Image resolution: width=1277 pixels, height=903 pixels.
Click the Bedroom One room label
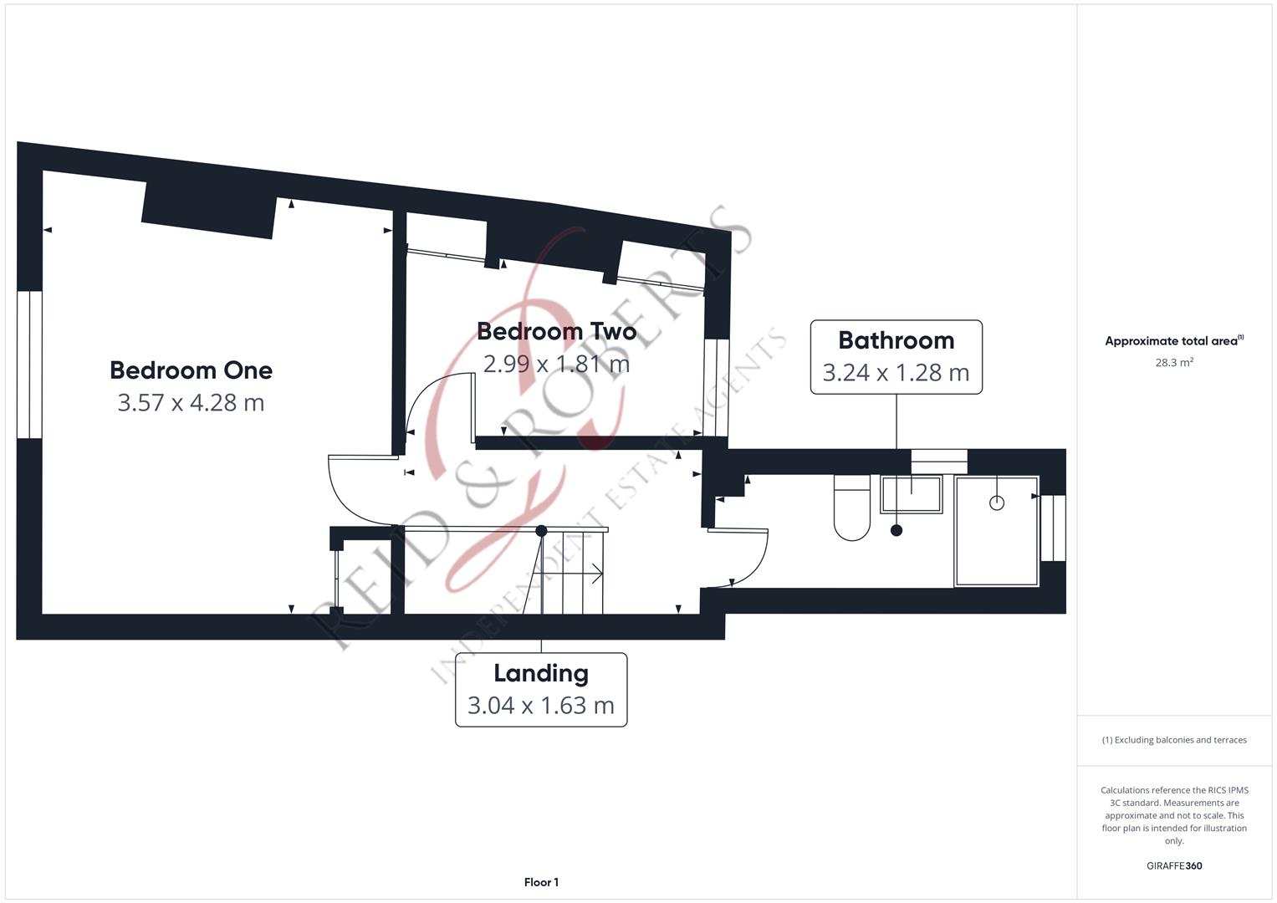click(191, 370)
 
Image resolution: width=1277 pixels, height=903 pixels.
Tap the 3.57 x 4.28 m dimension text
click(191, 403)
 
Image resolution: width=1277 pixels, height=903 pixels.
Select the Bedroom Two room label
click(556, 332)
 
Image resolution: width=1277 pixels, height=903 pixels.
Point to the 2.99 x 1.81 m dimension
click(556, 364)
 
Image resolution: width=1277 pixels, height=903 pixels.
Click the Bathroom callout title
click(896, 341)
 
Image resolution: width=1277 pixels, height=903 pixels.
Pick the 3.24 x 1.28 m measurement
click(896, 373)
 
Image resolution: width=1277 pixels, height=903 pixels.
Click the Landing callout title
click(541, 674)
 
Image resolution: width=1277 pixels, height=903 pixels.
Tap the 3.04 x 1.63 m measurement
click(541, 706)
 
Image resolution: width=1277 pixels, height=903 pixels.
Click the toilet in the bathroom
click(851, 508)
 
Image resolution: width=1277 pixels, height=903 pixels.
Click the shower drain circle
click(997, 503)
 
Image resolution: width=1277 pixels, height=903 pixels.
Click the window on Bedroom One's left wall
click(29, 365)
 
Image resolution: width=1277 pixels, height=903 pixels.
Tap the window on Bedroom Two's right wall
click(717, 388)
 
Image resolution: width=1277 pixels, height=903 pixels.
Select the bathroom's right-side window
click(1054, 528)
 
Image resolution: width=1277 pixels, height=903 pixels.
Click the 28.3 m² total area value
click(1174, 363)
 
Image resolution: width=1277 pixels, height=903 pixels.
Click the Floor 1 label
click(541, 882)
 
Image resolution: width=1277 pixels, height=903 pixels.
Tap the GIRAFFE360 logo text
click(1174, 865)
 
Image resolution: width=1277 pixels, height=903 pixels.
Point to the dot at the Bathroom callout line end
click(896, 531)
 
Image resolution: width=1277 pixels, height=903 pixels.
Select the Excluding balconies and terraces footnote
click(1174, 740)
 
